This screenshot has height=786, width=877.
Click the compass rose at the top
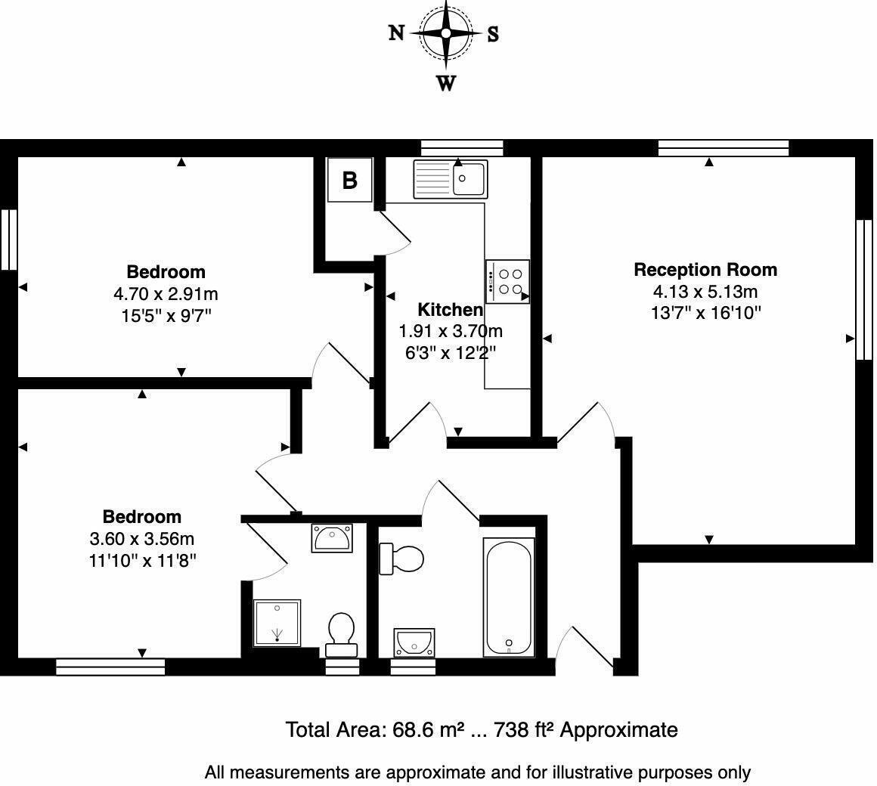click(x=446, y=34)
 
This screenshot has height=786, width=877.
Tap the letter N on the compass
click(x=396, y=33)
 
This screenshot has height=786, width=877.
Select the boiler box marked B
click(x=349, y=180)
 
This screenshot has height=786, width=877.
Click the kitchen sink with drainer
click(x=451, y=179)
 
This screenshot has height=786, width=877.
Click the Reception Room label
click(x=705, y=270)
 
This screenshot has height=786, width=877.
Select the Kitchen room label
click(x=451, y=309)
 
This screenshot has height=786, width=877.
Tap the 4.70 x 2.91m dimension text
click(x=166, y=293)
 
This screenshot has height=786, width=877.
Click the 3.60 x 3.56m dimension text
click(x=142, y=539)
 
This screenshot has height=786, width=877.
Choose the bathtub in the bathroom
click(x=510, y=597)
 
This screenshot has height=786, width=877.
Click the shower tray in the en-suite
click(x=277, y=623)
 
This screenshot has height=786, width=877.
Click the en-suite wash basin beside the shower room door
click(x=331, y=538)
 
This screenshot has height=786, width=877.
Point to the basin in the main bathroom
click(x=414, y=641)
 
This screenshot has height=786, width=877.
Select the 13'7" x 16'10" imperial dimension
click(x=705, y=313)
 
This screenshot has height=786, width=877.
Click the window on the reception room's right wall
click(x=860, y=289)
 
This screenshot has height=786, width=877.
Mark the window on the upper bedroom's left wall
click(x=8, y=240)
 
